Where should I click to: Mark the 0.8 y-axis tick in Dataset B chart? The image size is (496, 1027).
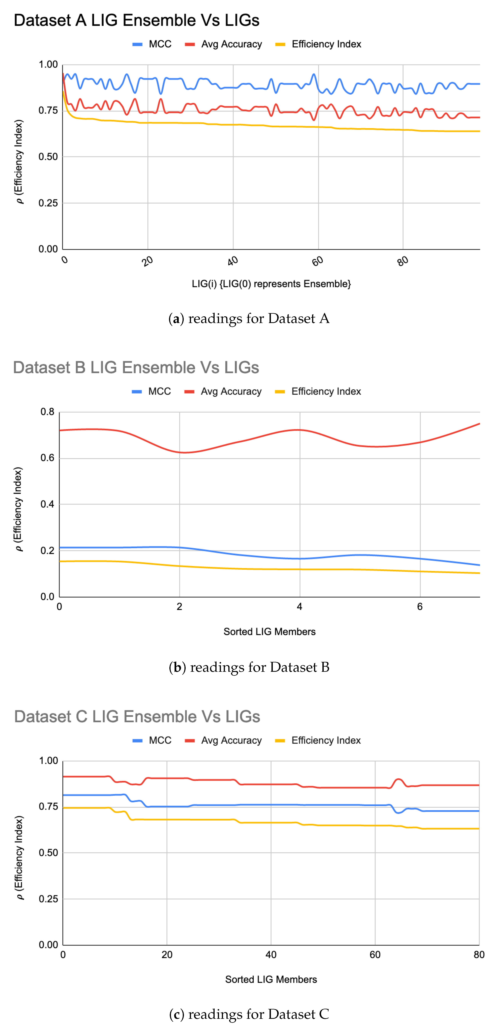coord(48,412)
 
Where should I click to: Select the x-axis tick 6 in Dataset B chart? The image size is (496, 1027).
coord(420,607)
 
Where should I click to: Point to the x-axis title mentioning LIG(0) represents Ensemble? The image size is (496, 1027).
coord(271,284)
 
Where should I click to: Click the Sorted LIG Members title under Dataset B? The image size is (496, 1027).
coord(270,632)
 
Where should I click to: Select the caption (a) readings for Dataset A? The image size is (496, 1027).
coord(249,319)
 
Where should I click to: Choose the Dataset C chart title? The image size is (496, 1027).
coord(137,716)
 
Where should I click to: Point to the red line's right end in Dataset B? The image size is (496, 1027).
coord(479,424)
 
